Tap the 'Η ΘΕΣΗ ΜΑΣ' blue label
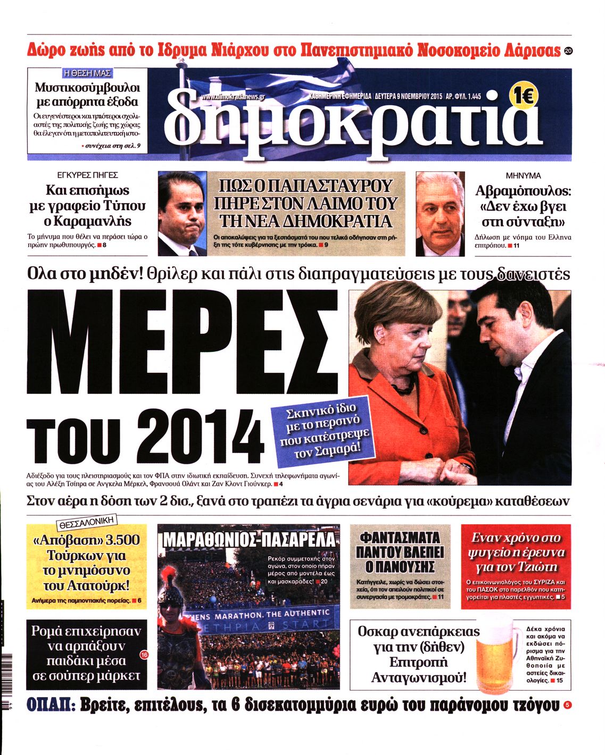pos(87,73)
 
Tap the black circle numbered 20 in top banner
pos(568,52)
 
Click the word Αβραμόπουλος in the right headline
pos(523,191)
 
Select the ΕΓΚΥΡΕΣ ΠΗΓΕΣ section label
pos(87,175)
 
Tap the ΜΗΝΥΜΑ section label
pos(523,175)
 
